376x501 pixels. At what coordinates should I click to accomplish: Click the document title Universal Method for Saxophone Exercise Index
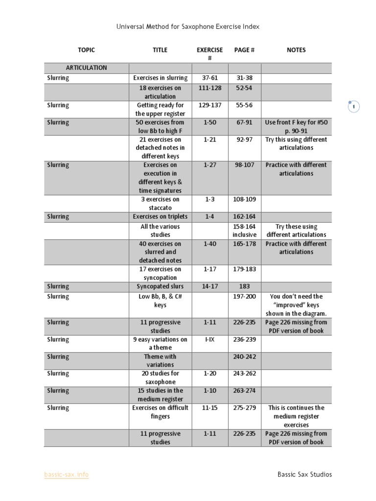188,27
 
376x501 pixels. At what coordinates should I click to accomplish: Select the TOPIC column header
86,50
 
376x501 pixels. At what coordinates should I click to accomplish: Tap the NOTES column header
296,50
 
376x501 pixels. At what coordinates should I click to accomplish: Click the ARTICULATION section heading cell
87,68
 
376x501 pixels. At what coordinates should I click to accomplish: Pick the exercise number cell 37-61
210,78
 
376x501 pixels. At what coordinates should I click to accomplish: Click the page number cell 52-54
244,88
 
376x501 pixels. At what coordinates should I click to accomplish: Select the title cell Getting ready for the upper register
160,109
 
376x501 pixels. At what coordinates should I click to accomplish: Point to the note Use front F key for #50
296,122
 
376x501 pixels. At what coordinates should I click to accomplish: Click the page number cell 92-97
244,139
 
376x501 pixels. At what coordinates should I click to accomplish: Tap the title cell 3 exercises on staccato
160,204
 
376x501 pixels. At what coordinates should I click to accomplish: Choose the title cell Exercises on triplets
160,217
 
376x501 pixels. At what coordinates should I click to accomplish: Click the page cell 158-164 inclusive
244,230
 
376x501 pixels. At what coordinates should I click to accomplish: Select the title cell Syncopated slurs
160,287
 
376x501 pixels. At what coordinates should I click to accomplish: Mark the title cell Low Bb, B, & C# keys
160,300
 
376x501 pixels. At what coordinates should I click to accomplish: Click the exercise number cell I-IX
210,340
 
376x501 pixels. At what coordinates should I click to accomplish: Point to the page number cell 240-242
244,357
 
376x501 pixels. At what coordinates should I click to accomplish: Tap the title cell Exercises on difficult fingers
160,412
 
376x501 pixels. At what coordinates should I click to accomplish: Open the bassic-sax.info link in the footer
67,475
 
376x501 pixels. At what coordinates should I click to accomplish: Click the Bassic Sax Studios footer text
305,475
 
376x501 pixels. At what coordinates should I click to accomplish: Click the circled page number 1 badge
354,107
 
